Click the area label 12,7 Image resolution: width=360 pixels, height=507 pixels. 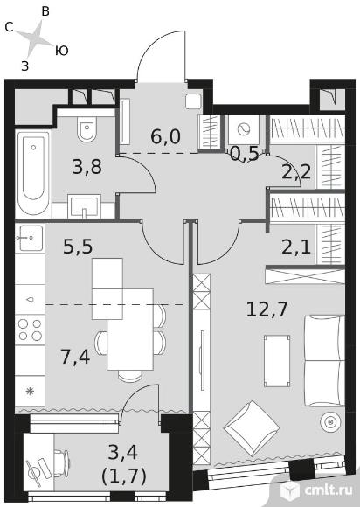[267, 309]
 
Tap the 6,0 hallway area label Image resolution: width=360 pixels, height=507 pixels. [165, 136]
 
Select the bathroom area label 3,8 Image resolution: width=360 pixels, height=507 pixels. [87, 167]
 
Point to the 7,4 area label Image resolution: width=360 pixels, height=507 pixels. [75, 357]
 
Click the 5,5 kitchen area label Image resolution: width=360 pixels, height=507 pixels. [78, 247]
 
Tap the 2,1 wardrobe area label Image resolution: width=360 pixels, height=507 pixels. [296, 247]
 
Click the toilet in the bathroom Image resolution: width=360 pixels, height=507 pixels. [87, 129]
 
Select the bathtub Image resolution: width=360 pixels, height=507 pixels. [33, 173]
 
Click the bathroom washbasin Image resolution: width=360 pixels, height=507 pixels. [84, 206]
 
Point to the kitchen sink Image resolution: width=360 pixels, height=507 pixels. [31, 238]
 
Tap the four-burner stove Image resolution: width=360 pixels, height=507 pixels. [30, 330]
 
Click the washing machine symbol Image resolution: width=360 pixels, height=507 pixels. [244, 129]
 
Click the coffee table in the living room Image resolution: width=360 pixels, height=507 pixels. [277, 361]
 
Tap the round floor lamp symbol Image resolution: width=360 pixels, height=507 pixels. [330, 421]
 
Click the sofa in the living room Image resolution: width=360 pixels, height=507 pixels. [324, 361]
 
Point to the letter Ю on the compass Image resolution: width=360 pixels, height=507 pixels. [61, 51]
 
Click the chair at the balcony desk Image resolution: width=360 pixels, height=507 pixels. [62, 463]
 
